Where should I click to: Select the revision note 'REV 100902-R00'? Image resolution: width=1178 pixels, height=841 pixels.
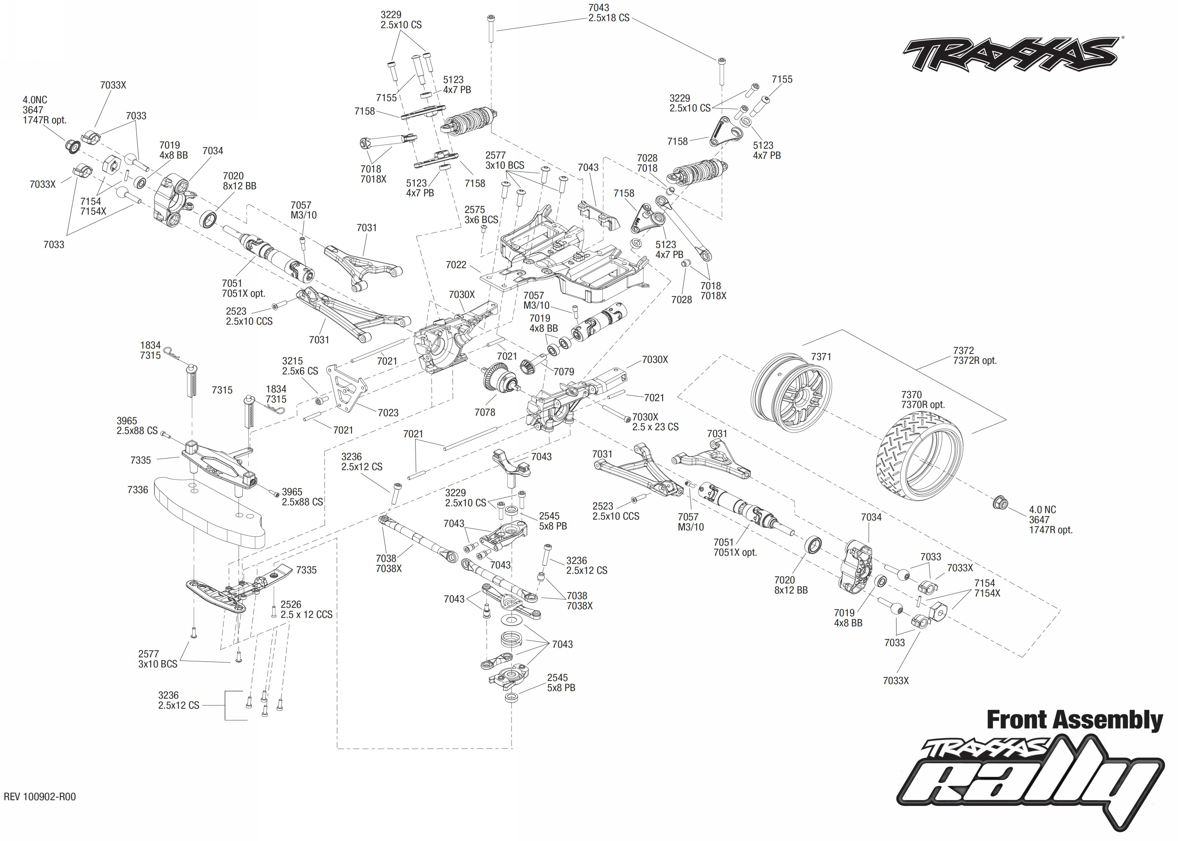40,797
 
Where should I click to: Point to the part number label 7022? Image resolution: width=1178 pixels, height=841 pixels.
456,265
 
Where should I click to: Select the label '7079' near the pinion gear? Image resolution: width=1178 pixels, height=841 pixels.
564,372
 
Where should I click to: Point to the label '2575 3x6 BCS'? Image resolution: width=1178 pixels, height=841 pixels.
481,215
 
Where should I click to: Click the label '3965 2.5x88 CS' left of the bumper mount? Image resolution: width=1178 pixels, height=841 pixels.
137,426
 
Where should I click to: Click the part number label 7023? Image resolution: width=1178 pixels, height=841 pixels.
388,413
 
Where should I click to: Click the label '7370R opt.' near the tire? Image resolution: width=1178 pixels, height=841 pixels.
923,404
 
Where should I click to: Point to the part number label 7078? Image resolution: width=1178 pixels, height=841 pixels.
485,412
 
